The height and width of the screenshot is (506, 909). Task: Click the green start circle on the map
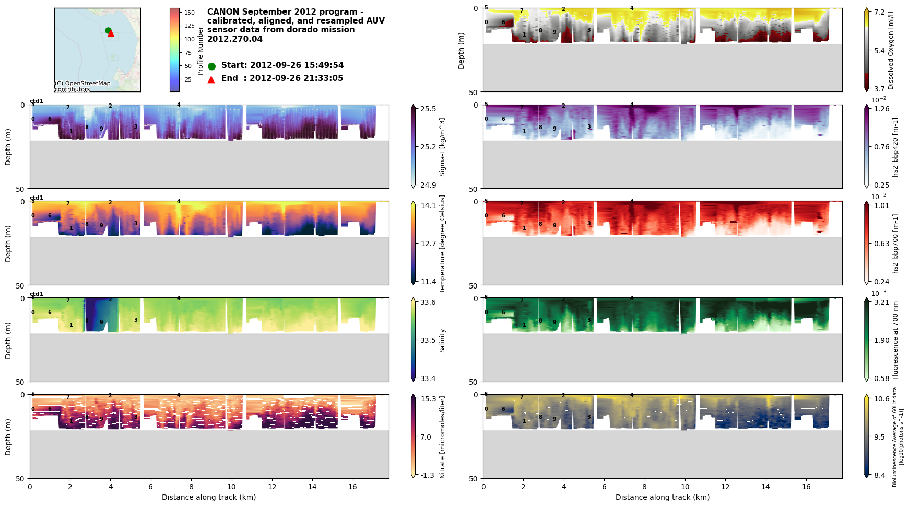[108, 30]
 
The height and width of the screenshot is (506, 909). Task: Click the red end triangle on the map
[111, 33]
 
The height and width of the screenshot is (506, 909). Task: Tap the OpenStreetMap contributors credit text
[82, 86]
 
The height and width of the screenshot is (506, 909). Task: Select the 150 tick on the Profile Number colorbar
[190, 13]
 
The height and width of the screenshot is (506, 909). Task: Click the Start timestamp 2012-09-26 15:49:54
[282, 65]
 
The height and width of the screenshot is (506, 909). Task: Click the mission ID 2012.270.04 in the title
[235, 39]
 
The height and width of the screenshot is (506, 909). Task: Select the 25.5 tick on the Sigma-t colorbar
[428, 109]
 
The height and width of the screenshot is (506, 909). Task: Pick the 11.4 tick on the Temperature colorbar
[428, 282]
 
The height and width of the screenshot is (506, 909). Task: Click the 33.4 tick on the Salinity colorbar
[428, 378]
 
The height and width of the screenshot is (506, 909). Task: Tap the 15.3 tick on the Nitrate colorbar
[428, 399]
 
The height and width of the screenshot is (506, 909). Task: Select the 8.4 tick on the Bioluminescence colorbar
[880, 475]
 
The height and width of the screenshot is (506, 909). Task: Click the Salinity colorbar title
[442, 340]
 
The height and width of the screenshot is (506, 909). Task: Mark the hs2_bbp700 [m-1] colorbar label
[895, 244]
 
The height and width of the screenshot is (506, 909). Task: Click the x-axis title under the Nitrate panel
[209, 497]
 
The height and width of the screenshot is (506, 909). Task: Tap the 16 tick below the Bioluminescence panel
[806, 487]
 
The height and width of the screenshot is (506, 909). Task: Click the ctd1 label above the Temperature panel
[37, 198]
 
